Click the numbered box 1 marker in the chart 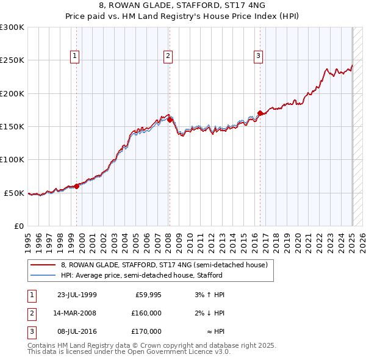point(75,56)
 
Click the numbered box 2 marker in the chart point(168,56)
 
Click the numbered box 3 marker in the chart point(259,56)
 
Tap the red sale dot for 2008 point(170,120)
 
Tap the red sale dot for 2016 point(260,113)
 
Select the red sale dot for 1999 point(76,186)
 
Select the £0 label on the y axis point(18,226)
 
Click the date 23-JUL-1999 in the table point(77,295)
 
